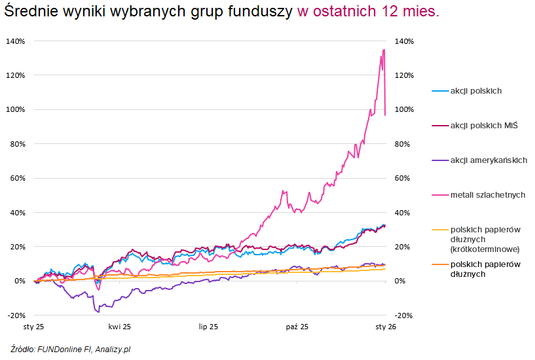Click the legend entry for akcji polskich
(x=475, y=91)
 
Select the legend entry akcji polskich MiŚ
(x=483, y=126)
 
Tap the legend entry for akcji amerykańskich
(x=488, y=160)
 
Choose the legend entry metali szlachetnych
(x=487, y=195)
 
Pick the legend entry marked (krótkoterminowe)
(x=485, y=249)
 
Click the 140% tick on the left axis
(x=16, y=41)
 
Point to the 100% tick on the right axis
(x=405, y=109)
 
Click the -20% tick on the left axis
(x=16, y=315)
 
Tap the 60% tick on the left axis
(x=17, y=178)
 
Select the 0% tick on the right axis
(x=401, y=281)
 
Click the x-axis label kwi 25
(x=120, y=325)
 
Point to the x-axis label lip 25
(x=208, y=325)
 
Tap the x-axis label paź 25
(x=297, y=325)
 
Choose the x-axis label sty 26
(x=386, y=325)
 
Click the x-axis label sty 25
(x=33, y=325)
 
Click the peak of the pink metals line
(x=384, y=50)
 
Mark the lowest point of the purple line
(x=98, y=312)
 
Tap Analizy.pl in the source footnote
(x=113, y=350)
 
